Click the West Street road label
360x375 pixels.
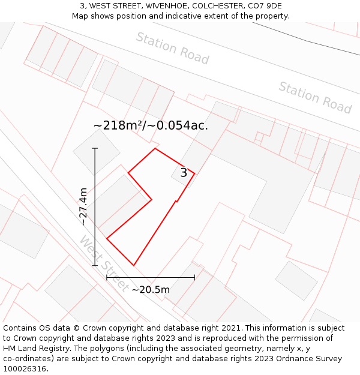(103, 263)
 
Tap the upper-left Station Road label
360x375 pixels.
(172, 48)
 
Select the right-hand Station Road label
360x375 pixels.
(315, 97)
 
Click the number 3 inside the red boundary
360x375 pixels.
(184, 173)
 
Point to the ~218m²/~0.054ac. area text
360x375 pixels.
(151, 125)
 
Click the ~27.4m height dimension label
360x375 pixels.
(83, 206)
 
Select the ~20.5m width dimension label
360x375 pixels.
(151, 290)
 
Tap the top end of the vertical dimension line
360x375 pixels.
(95, 148)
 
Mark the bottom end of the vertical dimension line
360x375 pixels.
(95, 265)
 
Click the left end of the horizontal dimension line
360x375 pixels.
(107, 277)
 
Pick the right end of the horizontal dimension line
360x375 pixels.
(194, 277)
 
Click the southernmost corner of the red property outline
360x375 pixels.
(133, 265)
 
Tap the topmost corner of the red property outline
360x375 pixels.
(155, 148)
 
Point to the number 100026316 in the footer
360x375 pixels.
(25, 368)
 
